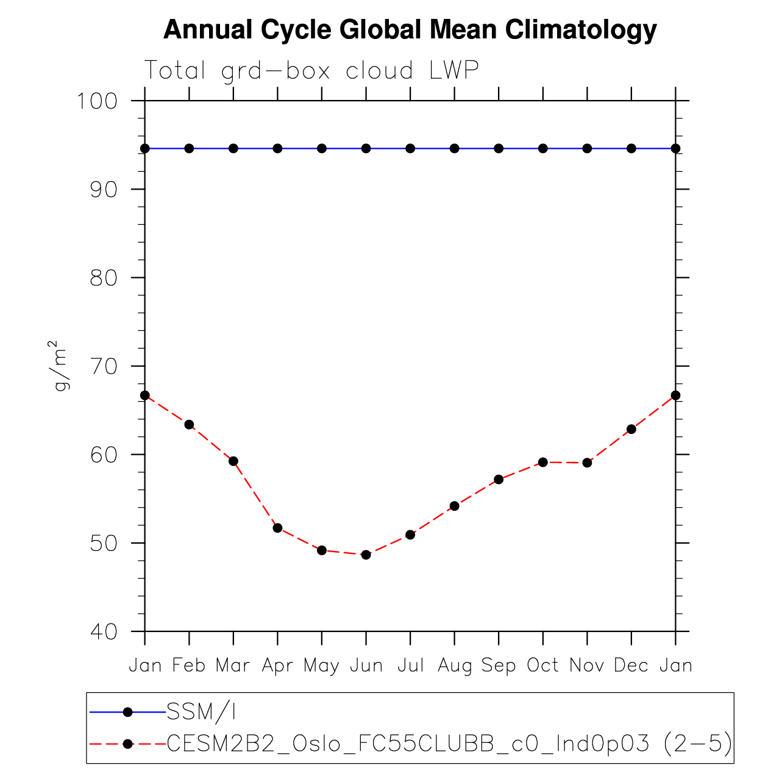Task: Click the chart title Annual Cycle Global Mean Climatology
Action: [410, 29]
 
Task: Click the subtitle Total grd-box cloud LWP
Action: [311, 71]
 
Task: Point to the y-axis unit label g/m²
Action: [61, 366]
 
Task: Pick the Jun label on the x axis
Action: [366, 665]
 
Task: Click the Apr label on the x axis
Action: [277, 665]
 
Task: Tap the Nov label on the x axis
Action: [586, 665]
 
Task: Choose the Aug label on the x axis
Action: [455, 666]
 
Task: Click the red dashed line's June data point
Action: [366, 555]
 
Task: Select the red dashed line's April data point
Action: [277, 528]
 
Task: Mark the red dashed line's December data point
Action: [631, 429]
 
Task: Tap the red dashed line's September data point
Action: [499, 479]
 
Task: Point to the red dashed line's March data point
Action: [233, 461]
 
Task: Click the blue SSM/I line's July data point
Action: [410, 149]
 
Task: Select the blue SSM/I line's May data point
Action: [322, 149]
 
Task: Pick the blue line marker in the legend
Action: [127, 711]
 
